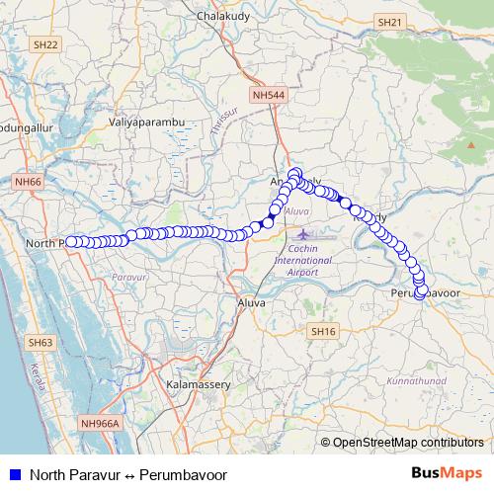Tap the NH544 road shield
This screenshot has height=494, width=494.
[x=268, y=96]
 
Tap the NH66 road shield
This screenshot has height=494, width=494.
[x=28, y=182]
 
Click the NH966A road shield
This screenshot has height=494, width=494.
[x=100, y=423]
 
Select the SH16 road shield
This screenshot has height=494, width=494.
[x=323, y=331]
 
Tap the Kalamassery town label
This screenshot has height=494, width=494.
[x=199, y=382]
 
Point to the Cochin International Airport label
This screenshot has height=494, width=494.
[x=303, y=259]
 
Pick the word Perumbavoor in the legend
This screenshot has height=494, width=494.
[x=183, y=474]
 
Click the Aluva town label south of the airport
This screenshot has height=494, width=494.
[x=251, y=302]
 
